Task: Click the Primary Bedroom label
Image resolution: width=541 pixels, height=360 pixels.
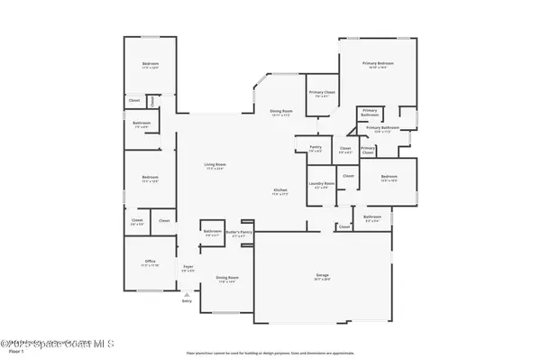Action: pos(380,65)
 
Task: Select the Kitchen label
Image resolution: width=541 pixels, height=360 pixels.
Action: pos(281,190)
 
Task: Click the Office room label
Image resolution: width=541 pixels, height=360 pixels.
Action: pos(150,263)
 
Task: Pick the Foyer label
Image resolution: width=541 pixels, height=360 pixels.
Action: pos(188,268)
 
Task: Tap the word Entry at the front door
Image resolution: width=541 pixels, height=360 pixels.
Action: pos(187,301)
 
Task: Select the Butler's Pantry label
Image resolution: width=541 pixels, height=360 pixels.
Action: pos(240,233)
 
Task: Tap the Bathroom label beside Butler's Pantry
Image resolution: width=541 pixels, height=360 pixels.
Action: pos(213,232)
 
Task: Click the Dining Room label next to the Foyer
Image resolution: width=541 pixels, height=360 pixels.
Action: pos(227,279)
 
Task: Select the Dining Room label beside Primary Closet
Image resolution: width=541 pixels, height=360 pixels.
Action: pos(281,111)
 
